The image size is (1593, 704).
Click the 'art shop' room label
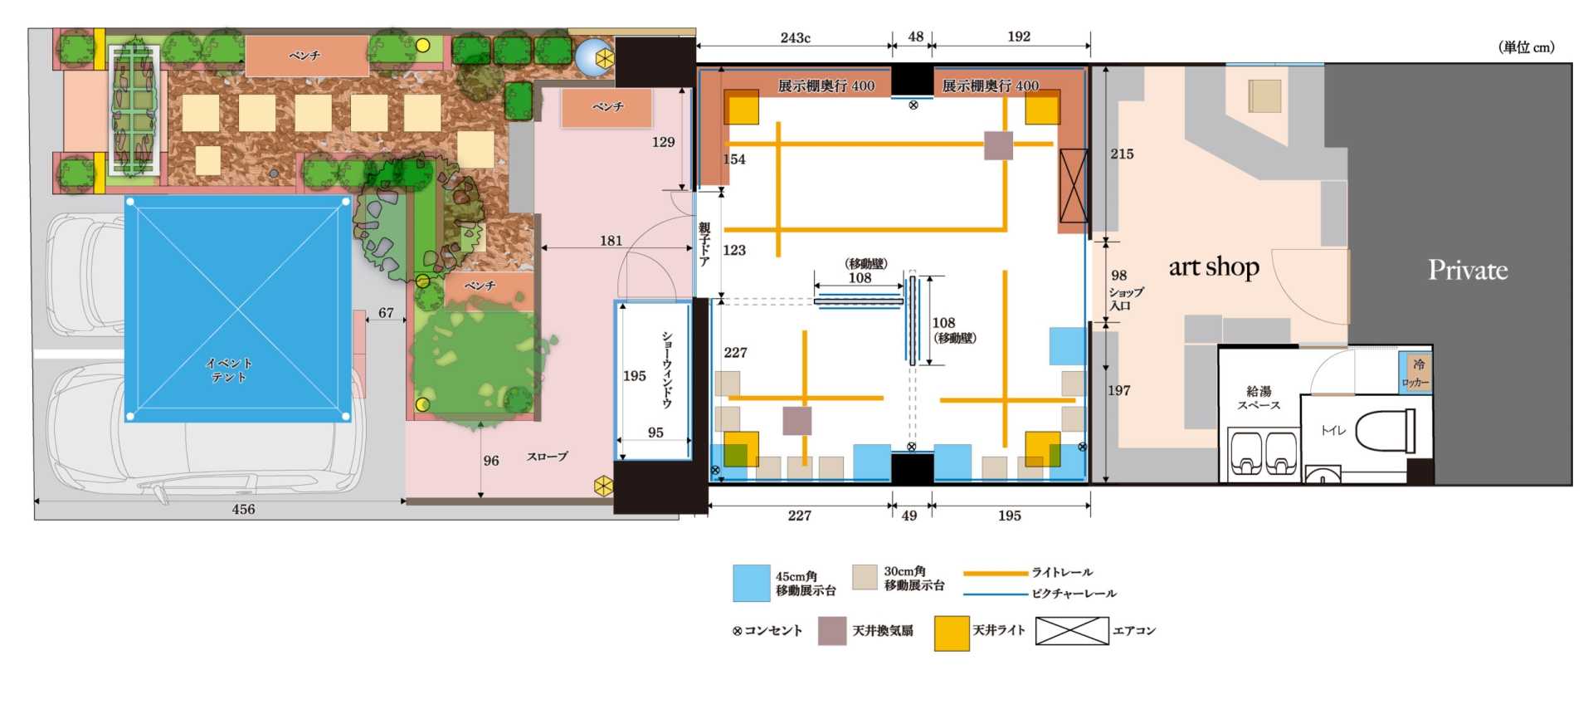click(1214, 267)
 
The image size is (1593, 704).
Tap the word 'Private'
click(1468, 270)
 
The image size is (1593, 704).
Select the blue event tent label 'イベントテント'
click(229, 369)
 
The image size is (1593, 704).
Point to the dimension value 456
click(243, 509)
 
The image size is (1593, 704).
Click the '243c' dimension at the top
click(795, 37)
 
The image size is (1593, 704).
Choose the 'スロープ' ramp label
click(548, 457)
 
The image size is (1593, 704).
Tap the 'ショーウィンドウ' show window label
click(667, 369)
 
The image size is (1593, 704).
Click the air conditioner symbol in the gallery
click(1074, 186)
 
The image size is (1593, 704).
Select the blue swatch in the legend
click(752, 583)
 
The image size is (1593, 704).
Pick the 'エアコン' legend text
click(1134, 631)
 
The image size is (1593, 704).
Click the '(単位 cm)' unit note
click(1527, 47)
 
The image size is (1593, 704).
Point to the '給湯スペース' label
click(1259, 398)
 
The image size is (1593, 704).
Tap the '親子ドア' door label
click(704, 243)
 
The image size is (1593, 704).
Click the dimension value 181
click(611, 241)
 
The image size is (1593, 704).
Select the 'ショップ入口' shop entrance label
click(1126, 299)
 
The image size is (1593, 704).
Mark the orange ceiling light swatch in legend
click(952, 633)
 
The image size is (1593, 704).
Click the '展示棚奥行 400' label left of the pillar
click(826, 86)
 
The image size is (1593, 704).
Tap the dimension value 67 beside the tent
click(386, 313)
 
